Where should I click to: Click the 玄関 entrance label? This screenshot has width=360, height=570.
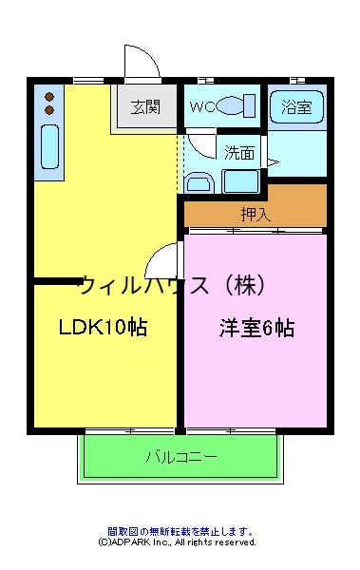[144, 105]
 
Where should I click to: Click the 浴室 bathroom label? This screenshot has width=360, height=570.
[296, 106]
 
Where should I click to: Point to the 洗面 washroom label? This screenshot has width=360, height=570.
[239, 152]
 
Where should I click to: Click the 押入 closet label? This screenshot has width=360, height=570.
[256, 214]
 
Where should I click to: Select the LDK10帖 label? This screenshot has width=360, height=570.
[103, 329]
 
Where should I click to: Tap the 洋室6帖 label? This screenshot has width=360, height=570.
[256, 329]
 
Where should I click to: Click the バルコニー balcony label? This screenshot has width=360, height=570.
[180, 457]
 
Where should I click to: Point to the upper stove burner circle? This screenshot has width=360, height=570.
[49, 95]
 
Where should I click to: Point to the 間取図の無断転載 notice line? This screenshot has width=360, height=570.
[180, 531]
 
